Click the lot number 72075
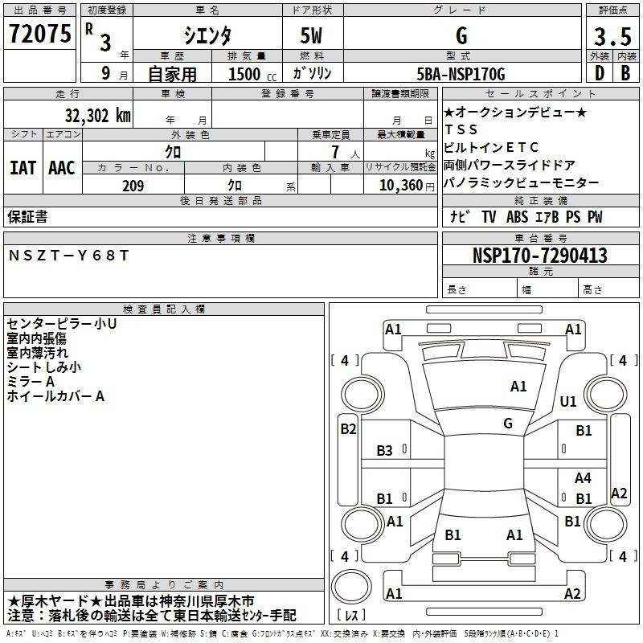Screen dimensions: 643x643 [x=39, y=34]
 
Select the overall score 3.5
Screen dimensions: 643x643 [x=612, y=36]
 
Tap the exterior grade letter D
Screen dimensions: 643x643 [x=600, y=73]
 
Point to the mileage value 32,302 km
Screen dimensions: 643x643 [x=97, y=116]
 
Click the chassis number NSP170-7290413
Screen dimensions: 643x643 [x=540, y=256]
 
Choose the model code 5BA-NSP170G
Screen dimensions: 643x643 [x=461, y=74]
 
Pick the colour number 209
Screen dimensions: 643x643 [x=133, y=186]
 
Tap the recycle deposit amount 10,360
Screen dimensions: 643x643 [x=400, y=186]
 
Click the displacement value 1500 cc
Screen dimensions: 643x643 [x=252, y=74]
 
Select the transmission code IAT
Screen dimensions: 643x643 [x=23, y=168]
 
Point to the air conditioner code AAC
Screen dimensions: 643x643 [x=62, y=168]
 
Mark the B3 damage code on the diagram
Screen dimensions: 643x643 [x=384, y=451]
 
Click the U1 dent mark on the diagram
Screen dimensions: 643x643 [x=568, y=401]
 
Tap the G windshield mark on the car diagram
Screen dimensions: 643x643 [x=508, y=423]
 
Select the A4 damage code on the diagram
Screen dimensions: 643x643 [x=583, y=477]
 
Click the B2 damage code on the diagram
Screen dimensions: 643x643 [x=348, y=429]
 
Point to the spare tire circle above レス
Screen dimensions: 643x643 [x=351, y=586]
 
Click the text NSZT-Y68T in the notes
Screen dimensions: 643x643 [x=69, y=256]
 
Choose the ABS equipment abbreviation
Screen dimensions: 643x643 [x=517, y=217]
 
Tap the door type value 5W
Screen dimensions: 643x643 [x=311, y=36]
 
